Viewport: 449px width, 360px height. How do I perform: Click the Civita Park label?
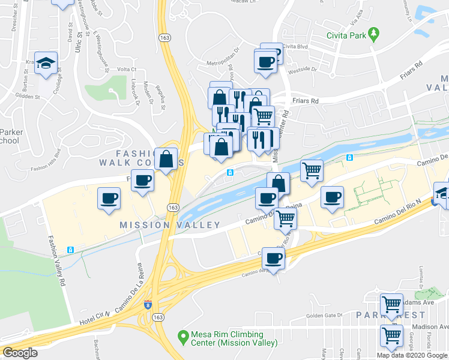click(x=346, y=35)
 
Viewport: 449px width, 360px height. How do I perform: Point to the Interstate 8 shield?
click(x=148, y=305)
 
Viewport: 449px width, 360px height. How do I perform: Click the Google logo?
click(x=20, y=353)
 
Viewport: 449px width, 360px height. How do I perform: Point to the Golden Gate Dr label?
click(x=324, y=315)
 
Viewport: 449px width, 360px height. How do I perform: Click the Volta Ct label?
click(x=127, y=70)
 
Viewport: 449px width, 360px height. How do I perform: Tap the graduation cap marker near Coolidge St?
click(x=46, y=64)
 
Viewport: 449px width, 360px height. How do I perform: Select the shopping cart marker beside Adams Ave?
click(x=392, y=305)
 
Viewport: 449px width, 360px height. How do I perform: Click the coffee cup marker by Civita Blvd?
click(x=265, y=61)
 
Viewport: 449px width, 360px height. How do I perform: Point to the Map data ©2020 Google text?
click(x=412, y=355)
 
